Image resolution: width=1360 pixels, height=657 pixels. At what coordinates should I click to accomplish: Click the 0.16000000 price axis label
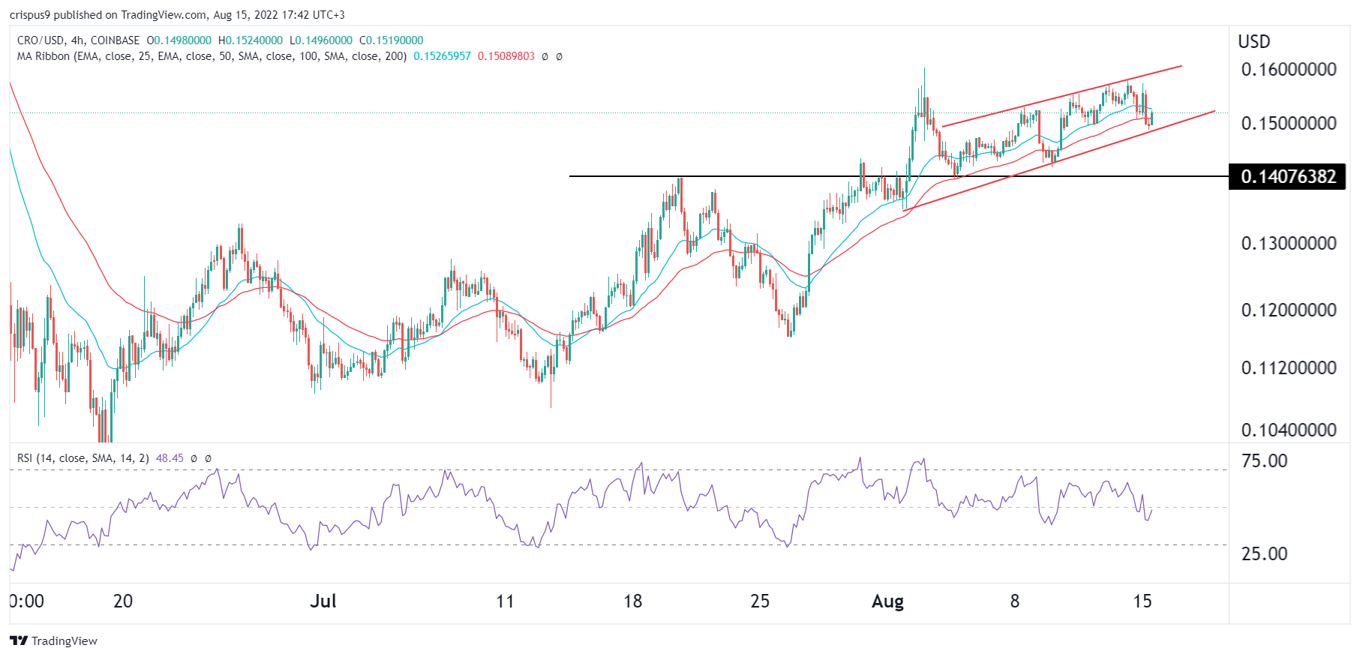coord(1288,70)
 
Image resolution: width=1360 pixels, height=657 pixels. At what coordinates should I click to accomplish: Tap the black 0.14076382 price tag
coord(1288,177)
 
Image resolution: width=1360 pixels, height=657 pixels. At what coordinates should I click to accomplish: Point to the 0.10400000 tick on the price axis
coord(1288,430)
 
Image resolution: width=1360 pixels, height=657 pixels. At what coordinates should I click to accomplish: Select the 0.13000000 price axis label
coord(1288,244)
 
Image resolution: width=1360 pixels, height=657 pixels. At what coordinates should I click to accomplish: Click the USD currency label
coord(1253,42)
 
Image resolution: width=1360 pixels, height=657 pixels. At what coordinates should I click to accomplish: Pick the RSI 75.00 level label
coord(1264,461)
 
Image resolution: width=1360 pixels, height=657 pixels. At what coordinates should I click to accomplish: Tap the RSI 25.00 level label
coord(1264,554)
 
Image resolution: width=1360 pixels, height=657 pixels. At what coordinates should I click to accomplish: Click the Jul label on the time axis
coord(323,601)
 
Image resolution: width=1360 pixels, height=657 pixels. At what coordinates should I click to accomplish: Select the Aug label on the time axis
coord(887,601)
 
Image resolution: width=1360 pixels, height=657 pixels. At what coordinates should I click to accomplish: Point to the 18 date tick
coord(632,601)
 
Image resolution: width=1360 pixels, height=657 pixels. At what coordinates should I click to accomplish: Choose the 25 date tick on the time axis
coord(760,601)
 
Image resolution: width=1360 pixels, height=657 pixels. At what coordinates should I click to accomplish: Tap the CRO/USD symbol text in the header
coord(41,40)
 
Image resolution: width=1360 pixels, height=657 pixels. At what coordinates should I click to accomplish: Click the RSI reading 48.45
coord(170,458)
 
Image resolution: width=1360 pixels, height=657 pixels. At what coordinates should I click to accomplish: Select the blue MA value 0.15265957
coord(442,56)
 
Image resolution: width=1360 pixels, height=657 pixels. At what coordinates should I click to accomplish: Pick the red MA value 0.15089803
coord(506,56)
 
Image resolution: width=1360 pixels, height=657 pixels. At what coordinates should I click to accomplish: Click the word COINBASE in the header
coord(115,40)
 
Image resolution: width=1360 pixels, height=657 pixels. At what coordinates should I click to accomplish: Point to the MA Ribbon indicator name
coord(44,56)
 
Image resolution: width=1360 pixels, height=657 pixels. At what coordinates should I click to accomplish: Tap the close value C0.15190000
coord(391,40)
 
